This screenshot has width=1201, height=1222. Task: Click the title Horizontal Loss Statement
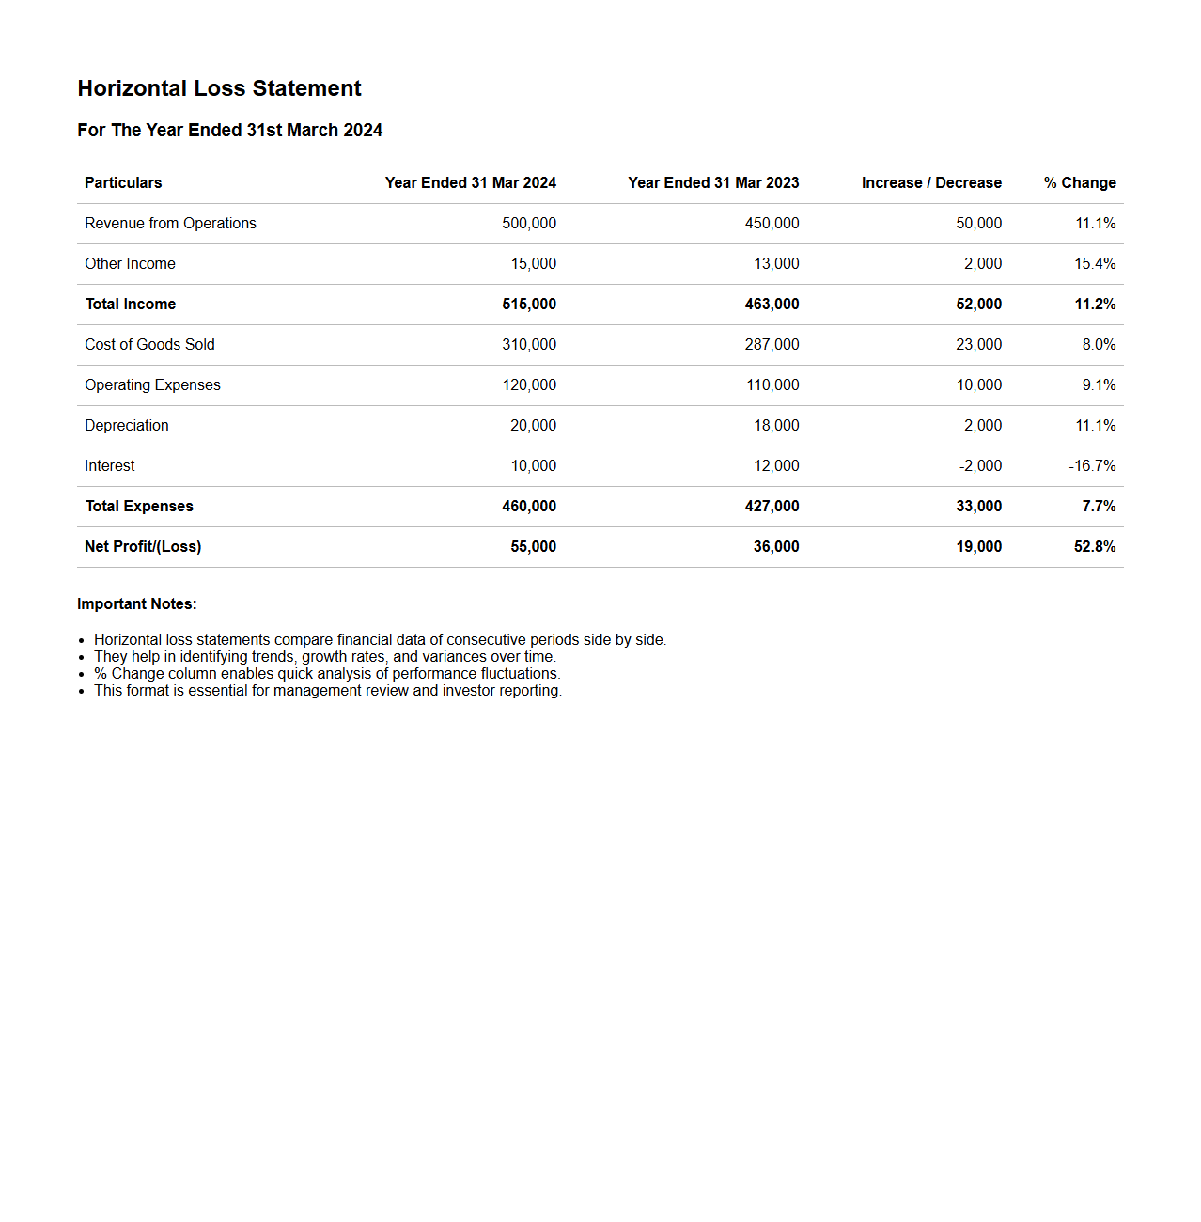tap(219, 88)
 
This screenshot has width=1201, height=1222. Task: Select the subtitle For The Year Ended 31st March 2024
tap(229, 131)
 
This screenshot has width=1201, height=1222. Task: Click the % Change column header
tap(1079, 183)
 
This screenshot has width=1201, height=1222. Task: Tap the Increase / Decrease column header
tap(930, 183)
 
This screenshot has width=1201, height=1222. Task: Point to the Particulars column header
tap(123, 183)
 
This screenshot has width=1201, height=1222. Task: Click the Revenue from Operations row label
tap(170, 224)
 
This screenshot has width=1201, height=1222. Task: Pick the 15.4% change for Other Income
tap(1095, 264)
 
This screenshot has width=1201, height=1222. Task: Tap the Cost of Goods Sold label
tap(149, 345)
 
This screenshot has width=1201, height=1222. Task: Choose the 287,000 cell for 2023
tap(772, 345)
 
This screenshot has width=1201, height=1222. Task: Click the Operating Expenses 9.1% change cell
tap(1099, 385)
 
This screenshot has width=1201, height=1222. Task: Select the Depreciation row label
tap(127, 426)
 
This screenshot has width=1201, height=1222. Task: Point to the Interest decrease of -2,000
tap(980, 466)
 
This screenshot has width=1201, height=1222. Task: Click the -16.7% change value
tap(1092, 466)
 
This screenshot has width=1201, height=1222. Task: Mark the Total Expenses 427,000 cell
tap(772, 507)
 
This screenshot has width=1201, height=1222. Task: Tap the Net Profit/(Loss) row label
tap(143, 547)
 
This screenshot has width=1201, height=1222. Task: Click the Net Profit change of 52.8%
tap(1095, 547)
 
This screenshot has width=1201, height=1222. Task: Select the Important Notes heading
tap(137, 604)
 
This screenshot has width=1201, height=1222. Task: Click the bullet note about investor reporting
tap(327, 691)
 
